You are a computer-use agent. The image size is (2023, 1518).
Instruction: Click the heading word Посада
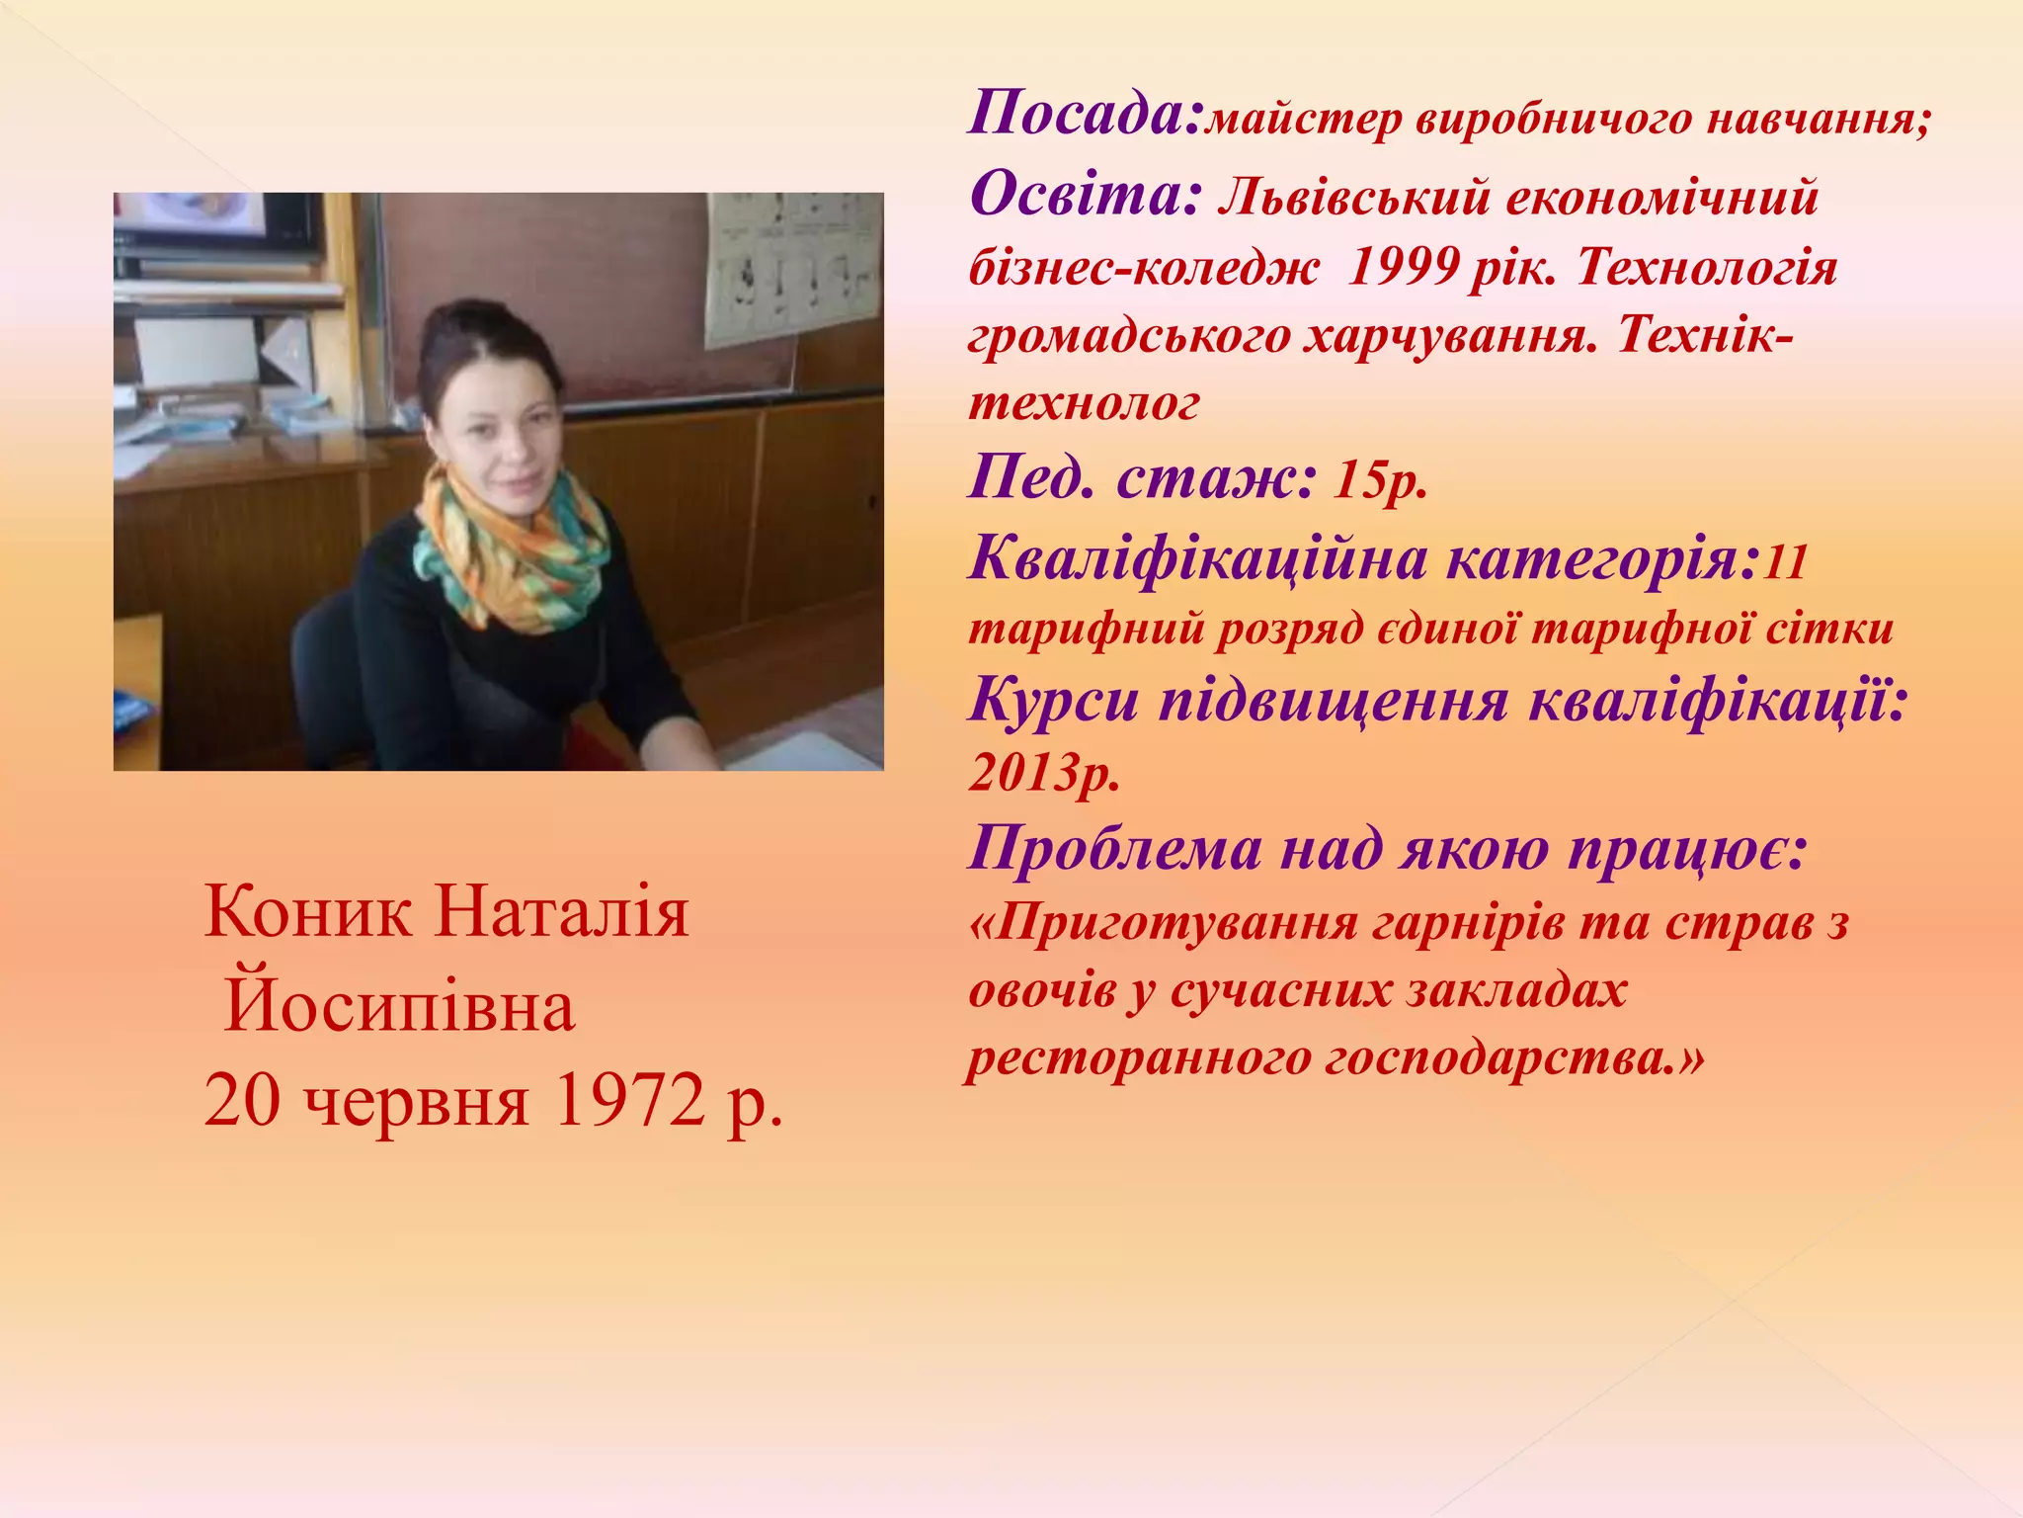coord(1082,114)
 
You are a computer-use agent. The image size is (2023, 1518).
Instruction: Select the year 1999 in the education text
coord(1404,267)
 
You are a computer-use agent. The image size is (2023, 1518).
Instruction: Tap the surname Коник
coord(307,911)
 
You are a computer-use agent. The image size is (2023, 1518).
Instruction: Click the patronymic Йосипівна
coord(399,1007)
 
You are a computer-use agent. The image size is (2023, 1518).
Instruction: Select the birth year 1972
coord(628,1101)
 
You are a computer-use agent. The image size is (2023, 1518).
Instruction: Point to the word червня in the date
coord(416,1103)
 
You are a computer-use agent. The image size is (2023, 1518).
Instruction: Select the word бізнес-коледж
coord(1144,267)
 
